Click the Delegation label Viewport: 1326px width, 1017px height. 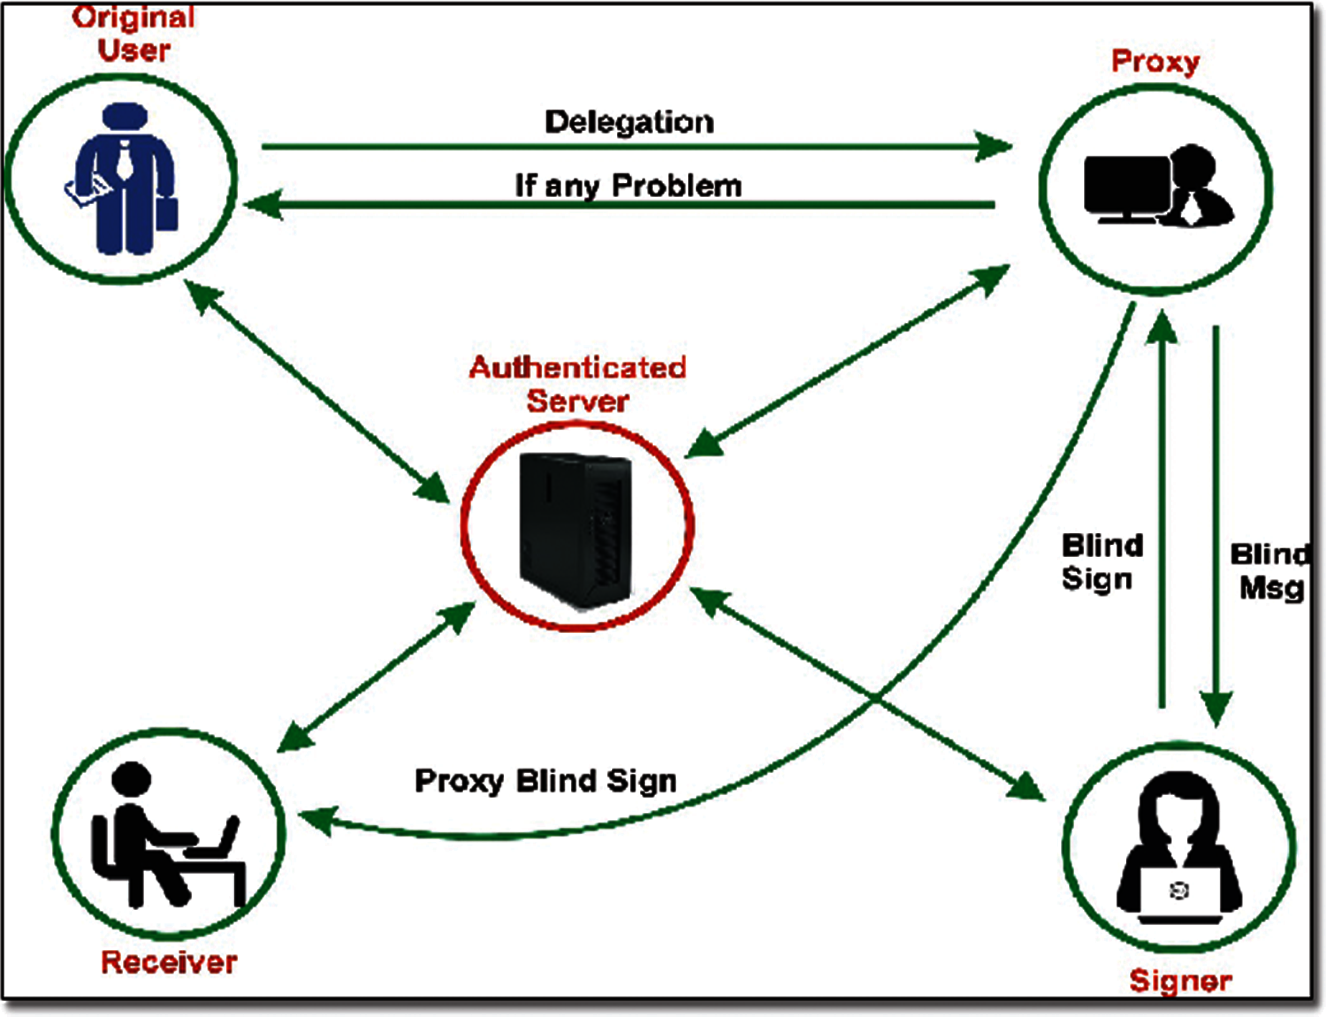click(x=629, y=122)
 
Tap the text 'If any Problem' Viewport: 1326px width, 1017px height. click(x=628, y=185)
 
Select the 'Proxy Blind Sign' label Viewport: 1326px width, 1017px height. click(x=545, y=781)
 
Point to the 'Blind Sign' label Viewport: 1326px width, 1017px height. click(x=1102, y=562)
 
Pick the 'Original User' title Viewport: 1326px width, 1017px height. click(x=134, y=34)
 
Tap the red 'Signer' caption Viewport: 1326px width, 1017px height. click(x=1180, y=981)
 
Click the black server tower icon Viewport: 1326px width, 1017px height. click(x=575, y=529)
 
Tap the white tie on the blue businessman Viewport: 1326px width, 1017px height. click(x=125, y=159)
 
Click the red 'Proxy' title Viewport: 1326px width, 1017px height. click(x=1155, y=62)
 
